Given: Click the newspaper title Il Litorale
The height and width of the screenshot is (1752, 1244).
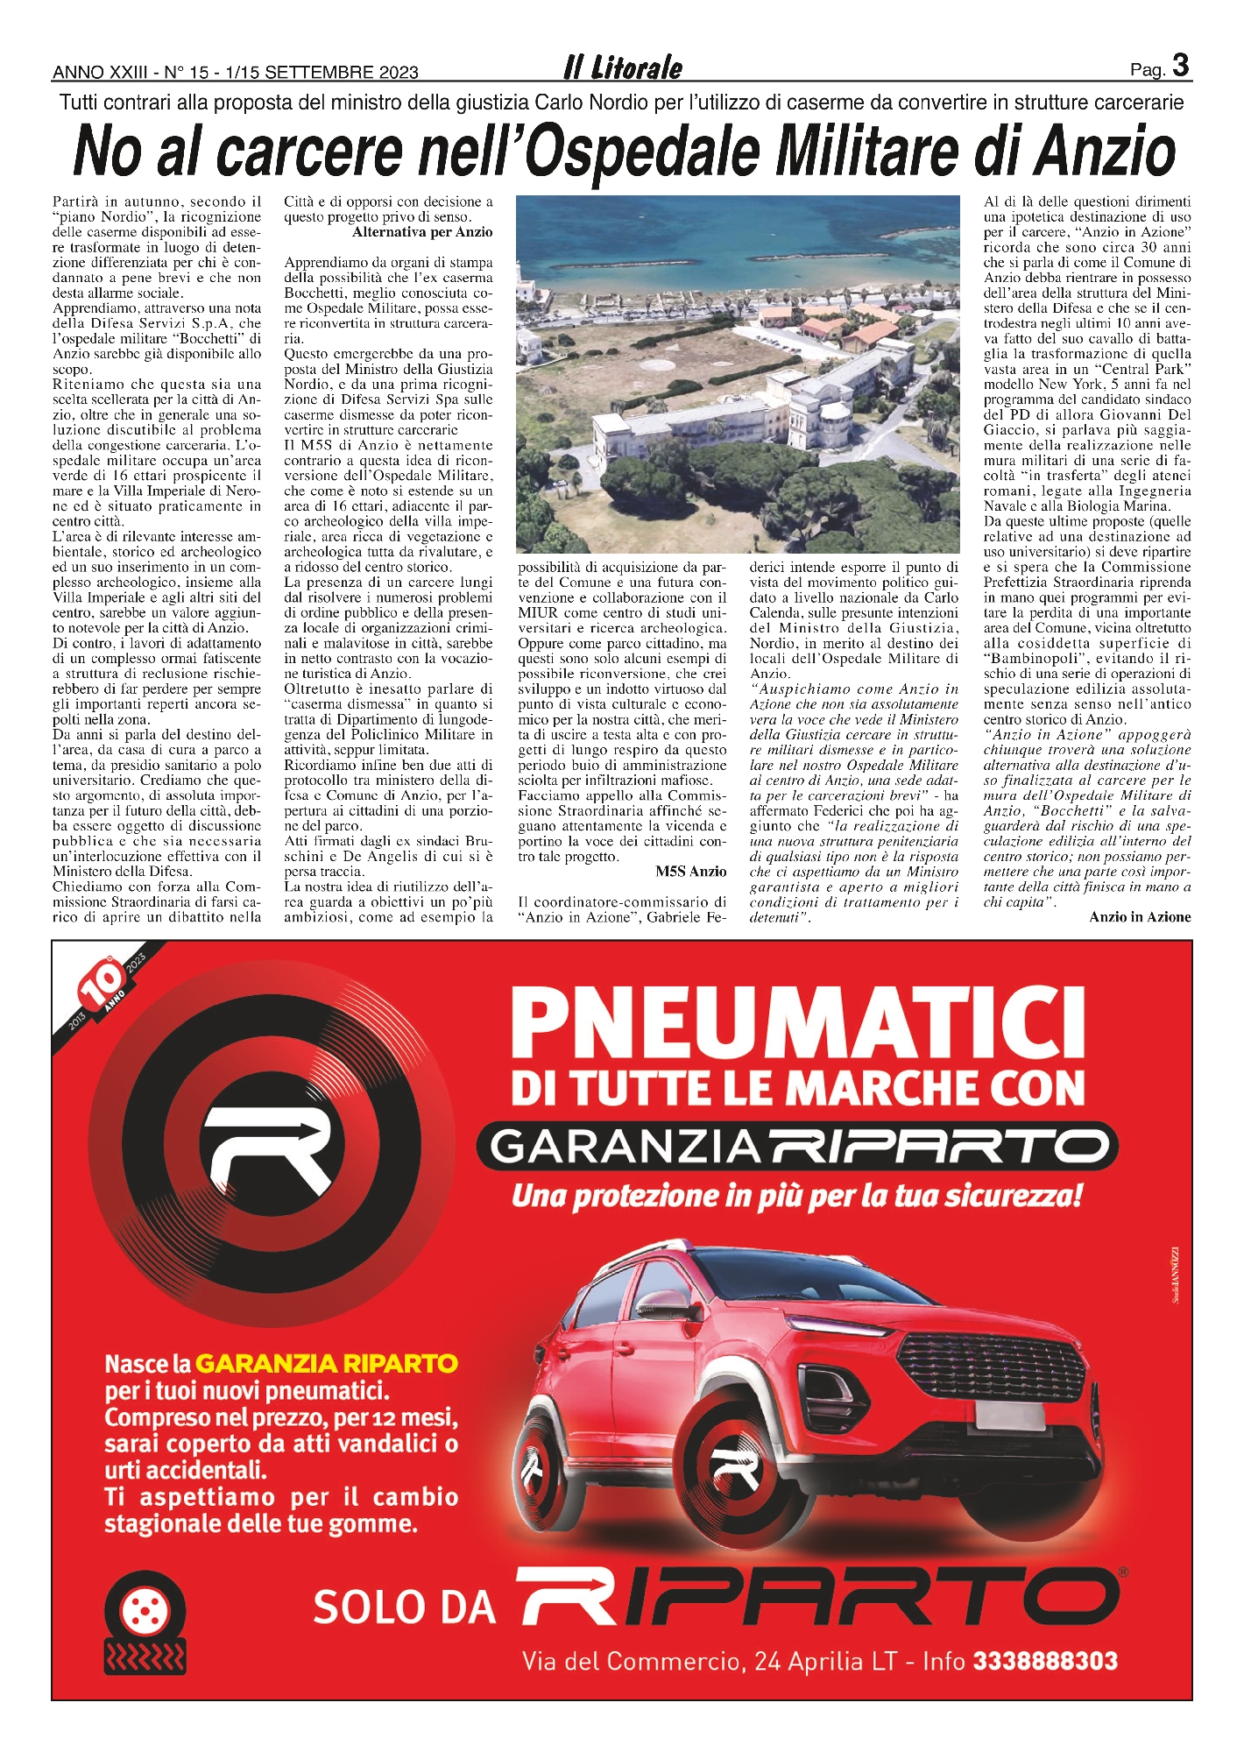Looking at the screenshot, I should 623,67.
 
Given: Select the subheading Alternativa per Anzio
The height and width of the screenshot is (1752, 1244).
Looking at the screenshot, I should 422,232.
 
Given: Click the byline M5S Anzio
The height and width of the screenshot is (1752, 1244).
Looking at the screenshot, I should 690,872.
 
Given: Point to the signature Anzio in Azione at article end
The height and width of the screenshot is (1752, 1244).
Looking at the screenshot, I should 1140,917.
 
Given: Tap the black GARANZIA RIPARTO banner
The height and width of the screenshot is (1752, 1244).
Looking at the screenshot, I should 797,1144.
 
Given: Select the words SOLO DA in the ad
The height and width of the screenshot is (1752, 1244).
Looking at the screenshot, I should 404,1607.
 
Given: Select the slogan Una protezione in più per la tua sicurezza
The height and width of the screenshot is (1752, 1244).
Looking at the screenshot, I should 797,1196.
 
